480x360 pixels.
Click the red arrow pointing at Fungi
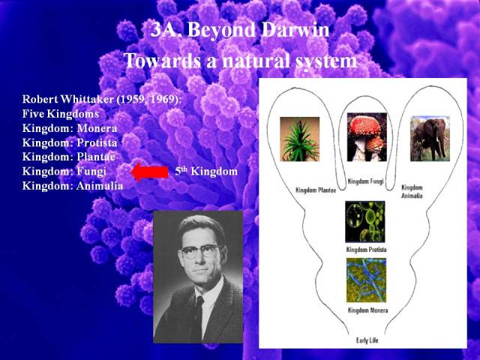click(150, 172)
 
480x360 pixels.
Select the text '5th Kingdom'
click(206, 171)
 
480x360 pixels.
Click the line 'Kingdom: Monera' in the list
click(70, 128)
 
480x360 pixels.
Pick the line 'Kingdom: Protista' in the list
click(70, 142)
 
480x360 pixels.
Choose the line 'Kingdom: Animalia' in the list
click(73, 186)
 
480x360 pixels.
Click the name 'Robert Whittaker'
click(68, 99)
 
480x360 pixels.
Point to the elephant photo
click(430, 139)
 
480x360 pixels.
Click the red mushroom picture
click(367, 136)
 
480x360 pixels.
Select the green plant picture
click(300, 139)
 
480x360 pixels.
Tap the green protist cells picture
click(365, 222)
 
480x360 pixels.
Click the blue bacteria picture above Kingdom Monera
click(366, 280)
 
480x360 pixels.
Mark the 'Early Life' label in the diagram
click(367, 340)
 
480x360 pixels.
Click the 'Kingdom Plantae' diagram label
click(316, 190)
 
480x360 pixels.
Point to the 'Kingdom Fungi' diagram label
click(365, 181)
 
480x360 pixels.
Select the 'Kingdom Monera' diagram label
click(367, 310)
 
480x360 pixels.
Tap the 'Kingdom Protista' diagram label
click(366, 250)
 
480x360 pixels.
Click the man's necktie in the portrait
click(198, 315)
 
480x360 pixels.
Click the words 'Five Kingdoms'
click(60, 113)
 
